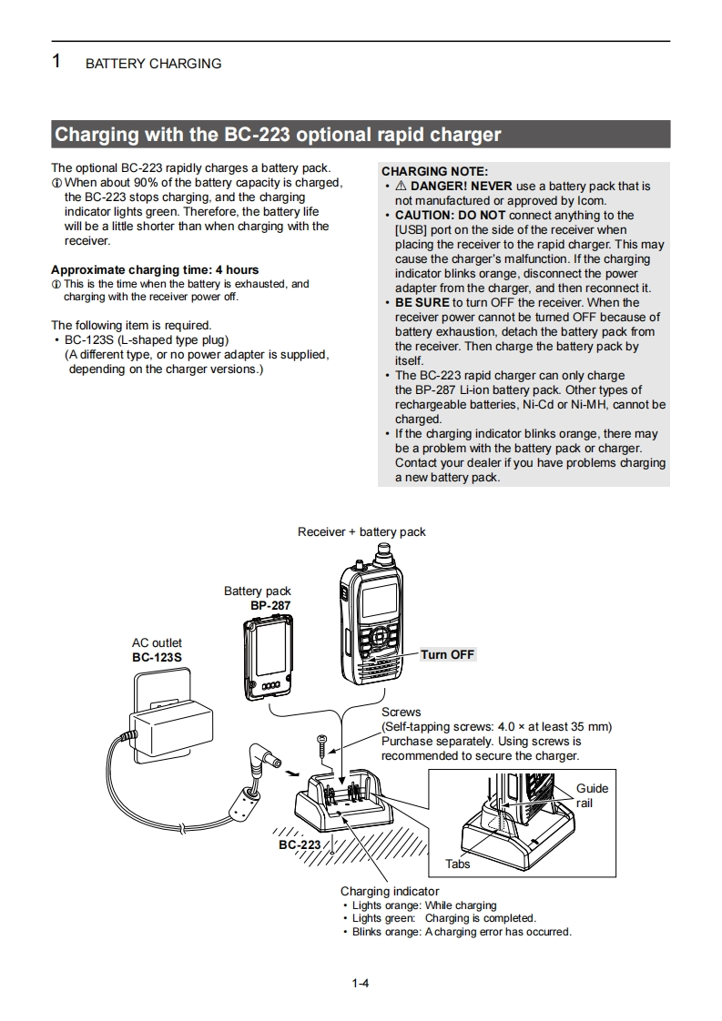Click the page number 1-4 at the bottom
[360, 983]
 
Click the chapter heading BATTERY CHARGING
[153, 64]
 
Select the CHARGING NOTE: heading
[434, 171]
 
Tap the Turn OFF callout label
[447, 654]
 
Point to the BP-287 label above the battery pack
[270, 605]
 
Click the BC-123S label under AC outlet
[157, 657]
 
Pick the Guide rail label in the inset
[591, 795]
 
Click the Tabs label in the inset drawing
[457, 864]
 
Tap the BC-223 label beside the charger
[300, 844]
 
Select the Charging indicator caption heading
[390, 891]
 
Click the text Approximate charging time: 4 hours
[155, 269]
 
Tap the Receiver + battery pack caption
[361, 531]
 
